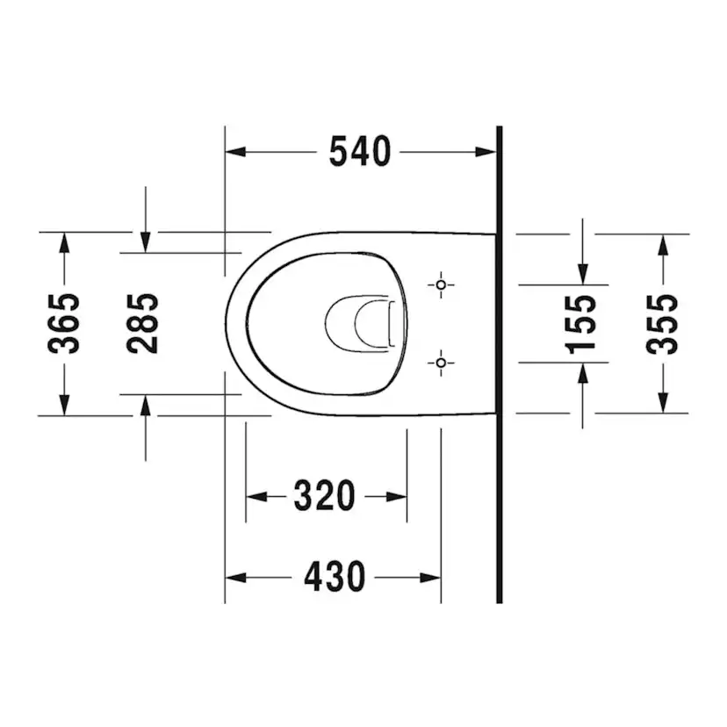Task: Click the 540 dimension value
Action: tap(359, 152)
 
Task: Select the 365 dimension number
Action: tap(64, 323)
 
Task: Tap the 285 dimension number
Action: tap(143, 323)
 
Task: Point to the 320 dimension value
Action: tap(324, 497)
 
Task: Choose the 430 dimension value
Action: tap(334, 578)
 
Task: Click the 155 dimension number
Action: tap(581, 323)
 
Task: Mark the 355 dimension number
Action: tap(663, 323)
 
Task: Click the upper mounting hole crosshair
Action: tap(441, 284)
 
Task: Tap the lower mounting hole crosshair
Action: tap(441, 362)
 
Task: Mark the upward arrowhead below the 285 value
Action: tap(146, 404)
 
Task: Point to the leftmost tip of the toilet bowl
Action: tap(227, 323)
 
